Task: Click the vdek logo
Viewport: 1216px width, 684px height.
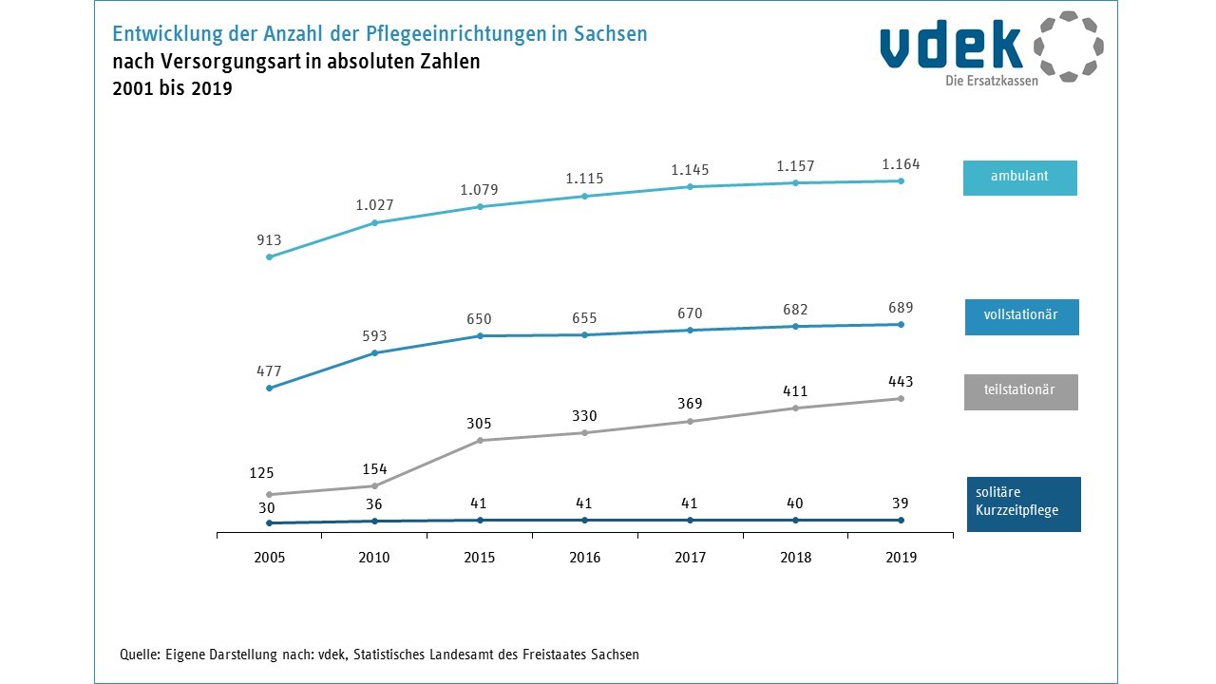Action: tap(991, 47)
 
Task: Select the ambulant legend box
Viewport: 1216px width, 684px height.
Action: tap(1019, 178)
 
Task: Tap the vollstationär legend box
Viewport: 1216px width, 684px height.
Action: tap(1022, 317)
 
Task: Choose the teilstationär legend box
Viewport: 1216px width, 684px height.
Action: tap(1020, 391)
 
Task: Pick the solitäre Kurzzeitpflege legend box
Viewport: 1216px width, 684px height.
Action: tap(1023, 503)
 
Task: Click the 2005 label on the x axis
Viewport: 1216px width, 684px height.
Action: tap(269, 558)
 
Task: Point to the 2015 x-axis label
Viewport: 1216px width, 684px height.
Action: tap(480, 558)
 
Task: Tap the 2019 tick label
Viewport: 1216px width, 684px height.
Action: tap(901, 558)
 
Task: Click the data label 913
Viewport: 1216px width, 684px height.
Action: tap(269, 240)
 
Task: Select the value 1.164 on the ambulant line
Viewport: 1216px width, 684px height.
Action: tap(901, 164)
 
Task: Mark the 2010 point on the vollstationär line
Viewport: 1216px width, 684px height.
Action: tap(374, 353)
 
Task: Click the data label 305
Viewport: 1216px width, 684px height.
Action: tap(480, 425)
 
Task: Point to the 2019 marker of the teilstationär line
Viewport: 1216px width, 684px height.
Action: tap(901, 399)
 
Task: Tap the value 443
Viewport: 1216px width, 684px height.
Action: tap(901, 382)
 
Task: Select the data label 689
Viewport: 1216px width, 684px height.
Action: tap(901, 308)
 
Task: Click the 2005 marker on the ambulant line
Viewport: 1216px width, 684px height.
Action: tap(269, 256)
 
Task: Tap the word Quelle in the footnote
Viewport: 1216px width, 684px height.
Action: tap(139, 655)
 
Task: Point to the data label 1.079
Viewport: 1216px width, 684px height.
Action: tap(480, 190)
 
